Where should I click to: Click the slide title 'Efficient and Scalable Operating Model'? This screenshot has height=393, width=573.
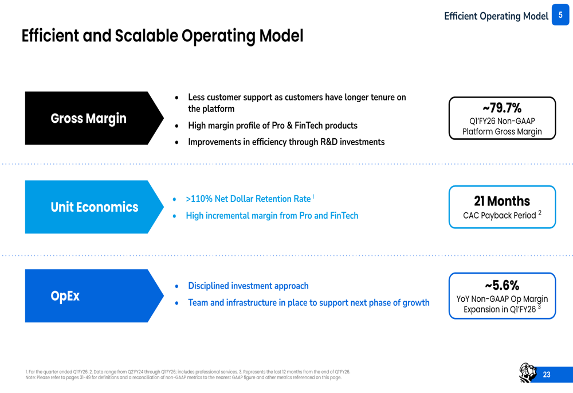pos(162,36)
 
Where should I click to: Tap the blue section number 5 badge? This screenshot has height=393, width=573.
pos(560,15)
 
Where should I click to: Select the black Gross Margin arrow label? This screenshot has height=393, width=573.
pos(95,118)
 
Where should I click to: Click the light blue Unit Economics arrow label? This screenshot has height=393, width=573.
pos(95,207)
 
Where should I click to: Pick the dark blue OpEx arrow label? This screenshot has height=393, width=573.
pos(95,295)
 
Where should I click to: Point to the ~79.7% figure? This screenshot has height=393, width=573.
pos(502,108)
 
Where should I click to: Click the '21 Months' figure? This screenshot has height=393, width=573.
pos(502,201)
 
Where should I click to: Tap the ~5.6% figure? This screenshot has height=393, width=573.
pos(502,285)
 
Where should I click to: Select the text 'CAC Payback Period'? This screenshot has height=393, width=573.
pos(500,216)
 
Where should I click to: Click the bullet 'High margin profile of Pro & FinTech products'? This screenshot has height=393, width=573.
pos(273,126)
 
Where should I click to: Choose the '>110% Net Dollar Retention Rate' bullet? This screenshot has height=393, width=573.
pos(248,199)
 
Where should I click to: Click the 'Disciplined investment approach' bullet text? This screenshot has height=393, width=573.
pos(248,286)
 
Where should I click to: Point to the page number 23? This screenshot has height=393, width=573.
pos(547,374)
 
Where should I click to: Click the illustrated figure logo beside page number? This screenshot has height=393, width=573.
pos(528,373)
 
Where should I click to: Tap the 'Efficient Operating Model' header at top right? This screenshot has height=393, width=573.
pos(496,16)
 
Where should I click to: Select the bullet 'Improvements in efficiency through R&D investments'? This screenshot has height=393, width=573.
pos(286,142)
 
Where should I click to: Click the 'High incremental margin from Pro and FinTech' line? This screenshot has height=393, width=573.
pos(272,216)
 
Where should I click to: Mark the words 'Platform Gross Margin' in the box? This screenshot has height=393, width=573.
pos(502,131)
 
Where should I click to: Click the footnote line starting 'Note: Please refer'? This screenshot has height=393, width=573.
pos(183,378)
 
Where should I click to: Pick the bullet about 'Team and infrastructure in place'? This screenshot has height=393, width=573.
pos(309,302)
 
